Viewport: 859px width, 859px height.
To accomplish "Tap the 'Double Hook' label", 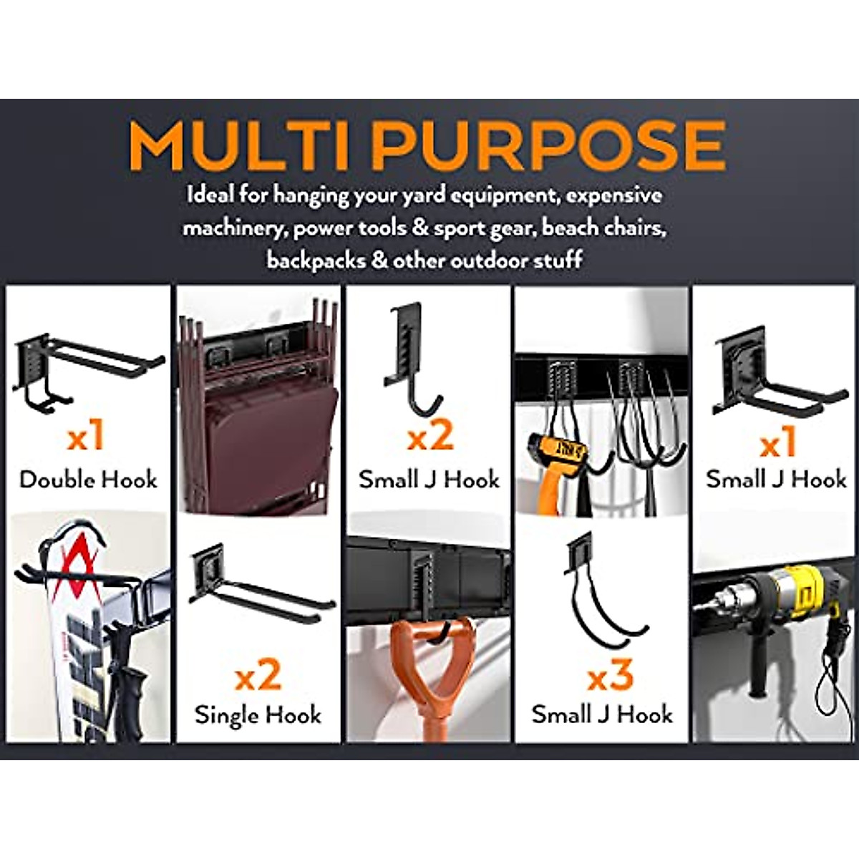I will (x=88, y=479).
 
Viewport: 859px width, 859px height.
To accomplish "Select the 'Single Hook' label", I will (x=258, y=714).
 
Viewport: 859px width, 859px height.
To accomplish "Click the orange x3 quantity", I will (x=610, y=676).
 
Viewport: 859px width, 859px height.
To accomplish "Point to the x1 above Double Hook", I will (x=86, y=437).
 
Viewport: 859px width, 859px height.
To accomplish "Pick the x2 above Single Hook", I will (x=258, y=676).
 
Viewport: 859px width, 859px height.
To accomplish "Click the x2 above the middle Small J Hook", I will (x=429, y=437).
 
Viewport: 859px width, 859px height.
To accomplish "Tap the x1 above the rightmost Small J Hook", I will (x=777, y=444).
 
